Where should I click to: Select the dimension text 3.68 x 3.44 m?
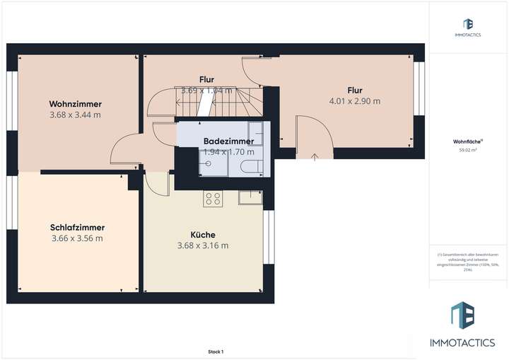pyautogui.click(x=75, y=115)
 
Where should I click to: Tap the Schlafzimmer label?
pyautogui.click(x=77, y=227)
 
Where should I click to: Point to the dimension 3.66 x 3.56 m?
pyautogui.click(x=77, y=238)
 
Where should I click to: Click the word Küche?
pyautogui.click(x=203, y=235)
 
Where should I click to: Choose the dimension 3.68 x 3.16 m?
pyautogui.click(x=203, y=246)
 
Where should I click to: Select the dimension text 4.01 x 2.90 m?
pyautogui.click(x=355, y=101)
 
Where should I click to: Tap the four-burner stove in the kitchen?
pyautogui.click(x=212, y=199)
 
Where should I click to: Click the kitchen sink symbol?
pyautogui.click(x=250, y=198)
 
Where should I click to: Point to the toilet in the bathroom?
pyautogui.click(x=250, y=167)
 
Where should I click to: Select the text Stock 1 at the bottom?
pyautogui.click(x=215, y=352)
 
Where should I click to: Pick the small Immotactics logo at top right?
pyautogui.click(x=468, y=27)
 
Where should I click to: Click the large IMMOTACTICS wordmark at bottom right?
pyautogui.click(x=463, y=341)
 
